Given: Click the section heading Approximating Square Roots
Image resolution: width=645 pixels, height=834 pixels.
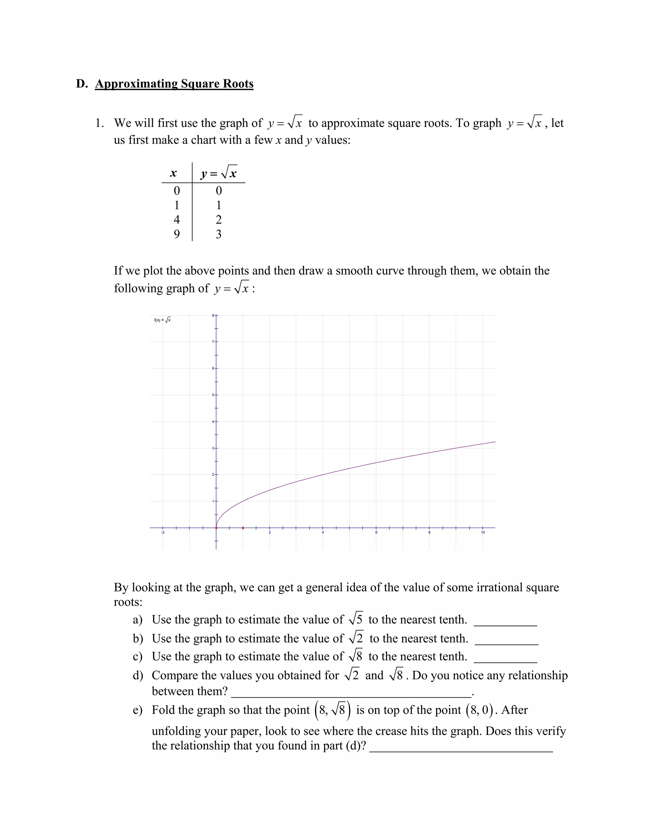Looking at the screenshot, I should point(174,84).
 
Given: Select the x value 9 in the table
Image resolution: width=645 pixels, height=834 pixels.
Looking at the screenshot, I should point(177,234).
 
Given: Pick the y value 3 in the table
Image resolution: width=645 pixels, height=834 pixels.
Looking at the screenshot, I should point(219,234).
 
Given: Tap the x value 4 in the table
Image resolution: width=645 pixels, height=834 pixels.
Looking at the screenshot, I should point(177,220).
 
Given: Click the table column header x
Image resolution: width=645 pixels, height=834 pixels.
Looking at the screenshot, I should point(173,173).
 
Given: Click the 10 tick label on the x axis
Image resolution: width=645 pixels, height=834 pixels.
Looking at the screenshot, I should point(482,532).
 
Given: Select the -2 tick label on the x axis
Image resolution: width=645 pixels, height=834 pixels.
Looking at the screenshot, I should point(163,532).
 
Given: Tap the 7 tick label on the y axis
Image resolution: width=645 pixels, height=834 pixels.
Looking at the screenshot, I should point(213,342).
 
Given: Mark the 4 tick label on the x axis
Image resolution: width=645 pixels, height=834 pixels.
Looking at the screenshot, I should point(323,532).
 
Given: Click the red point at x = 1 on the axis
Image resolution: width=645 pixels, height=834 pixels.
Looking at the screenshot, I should point(243,528).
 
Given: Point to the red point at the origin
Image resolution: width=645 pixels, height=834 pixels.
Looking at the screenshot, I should point(216,528).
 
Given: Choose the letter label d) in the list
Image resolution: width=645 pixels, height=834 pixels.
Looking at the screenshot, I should point(138,675).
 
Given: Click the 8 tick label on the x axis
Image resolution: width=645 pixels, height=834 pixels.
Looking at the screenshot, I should point(429,532).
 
